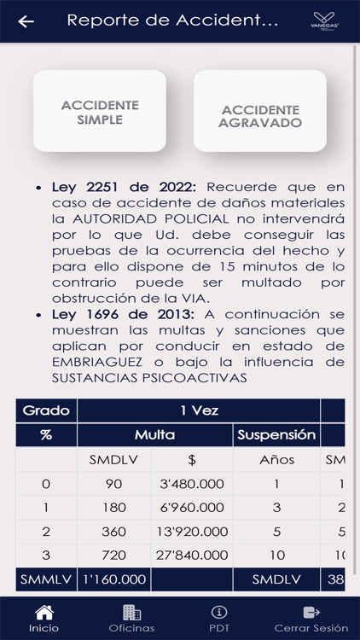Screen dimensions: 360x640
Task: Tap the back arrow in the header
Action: coord(26,21)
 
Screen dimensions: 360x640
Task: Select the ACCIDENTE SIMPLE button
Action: coord(100,112)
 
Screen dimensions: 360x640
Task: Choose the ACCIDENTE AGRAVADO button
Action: coord(260,116)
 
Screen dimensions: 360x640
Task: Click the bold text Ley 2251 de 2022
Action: coord(125,186)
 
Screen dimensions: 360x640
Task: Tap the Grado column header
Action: coord(46,410)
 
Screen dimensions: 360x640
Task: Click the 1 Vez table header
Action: coord(199,410)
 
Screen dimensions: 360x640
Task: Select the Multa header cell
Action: coord(154,435)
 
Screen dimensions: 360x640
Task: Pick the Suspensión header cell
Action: coord(276,435)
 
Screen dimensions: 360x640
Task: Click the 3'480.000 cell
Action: coord(192,484)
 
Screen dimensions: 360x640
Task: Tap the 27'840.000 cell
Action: coord(192,556)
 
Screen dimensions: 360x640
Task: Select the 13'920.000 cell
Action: coord(192,532)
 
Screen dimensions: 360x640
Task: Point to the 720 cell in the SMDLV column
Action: coord(113,556)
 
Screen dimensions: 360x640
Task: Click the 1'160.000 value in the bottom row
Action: coord(113,579)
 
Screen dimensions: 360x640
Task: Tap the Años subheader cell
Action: coord(276,460)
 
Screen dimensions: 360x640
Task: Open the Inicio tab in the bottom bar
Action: coord(44,618)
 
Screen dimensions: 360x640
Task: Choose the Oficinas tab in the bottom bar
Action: coord(131,618)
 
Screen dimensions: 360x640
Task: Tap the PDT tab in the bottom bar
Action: coord(219,618)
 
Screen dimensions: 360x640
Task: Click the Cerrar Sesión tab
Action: coord(311,618)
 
